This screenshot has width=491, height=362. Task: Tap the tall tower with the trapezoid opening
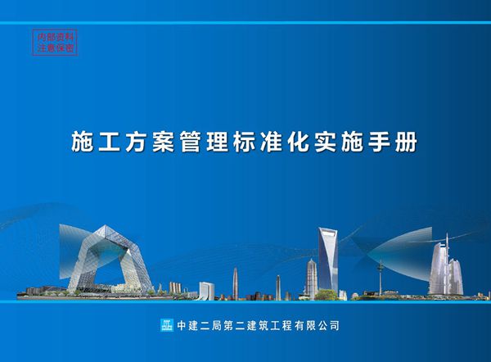pyautogui.click(x=327, y=258)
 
